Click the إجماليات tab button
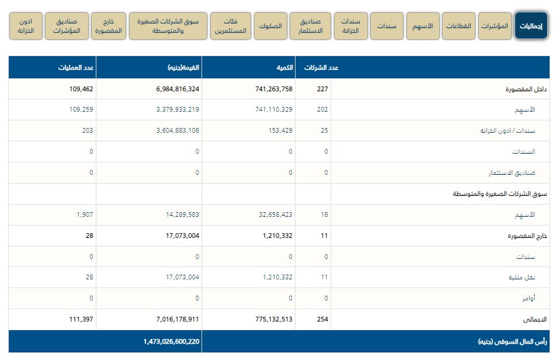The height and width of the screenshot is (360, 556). click(x=531, y=26)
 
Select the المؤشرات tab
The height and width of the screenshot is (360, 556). click(x=495, y=26)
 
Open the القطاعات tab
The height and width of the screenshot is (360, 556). click(x=458, y=26)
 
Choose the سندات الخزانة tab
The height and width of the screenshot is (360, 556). click(x=350, y=26)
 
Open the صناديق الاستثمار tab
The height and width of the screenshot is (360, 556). click(x=310, y=26)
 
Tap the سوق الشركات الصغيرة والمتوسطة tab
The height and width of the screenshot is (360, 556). click(x=168, y=26)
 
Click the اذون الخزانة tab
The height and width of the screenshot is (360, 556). click(x=26, y=26)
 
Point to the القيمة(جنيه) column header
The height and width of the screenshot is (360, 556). click(x=183, y=67)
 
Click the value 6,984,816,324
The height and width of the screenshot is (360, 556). click(x=170, y=89)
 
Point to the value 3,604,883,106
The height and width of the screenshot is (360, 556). click(x=170, y=131)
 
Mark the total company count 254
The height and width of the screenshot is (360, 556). click(x=322, y=320)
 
